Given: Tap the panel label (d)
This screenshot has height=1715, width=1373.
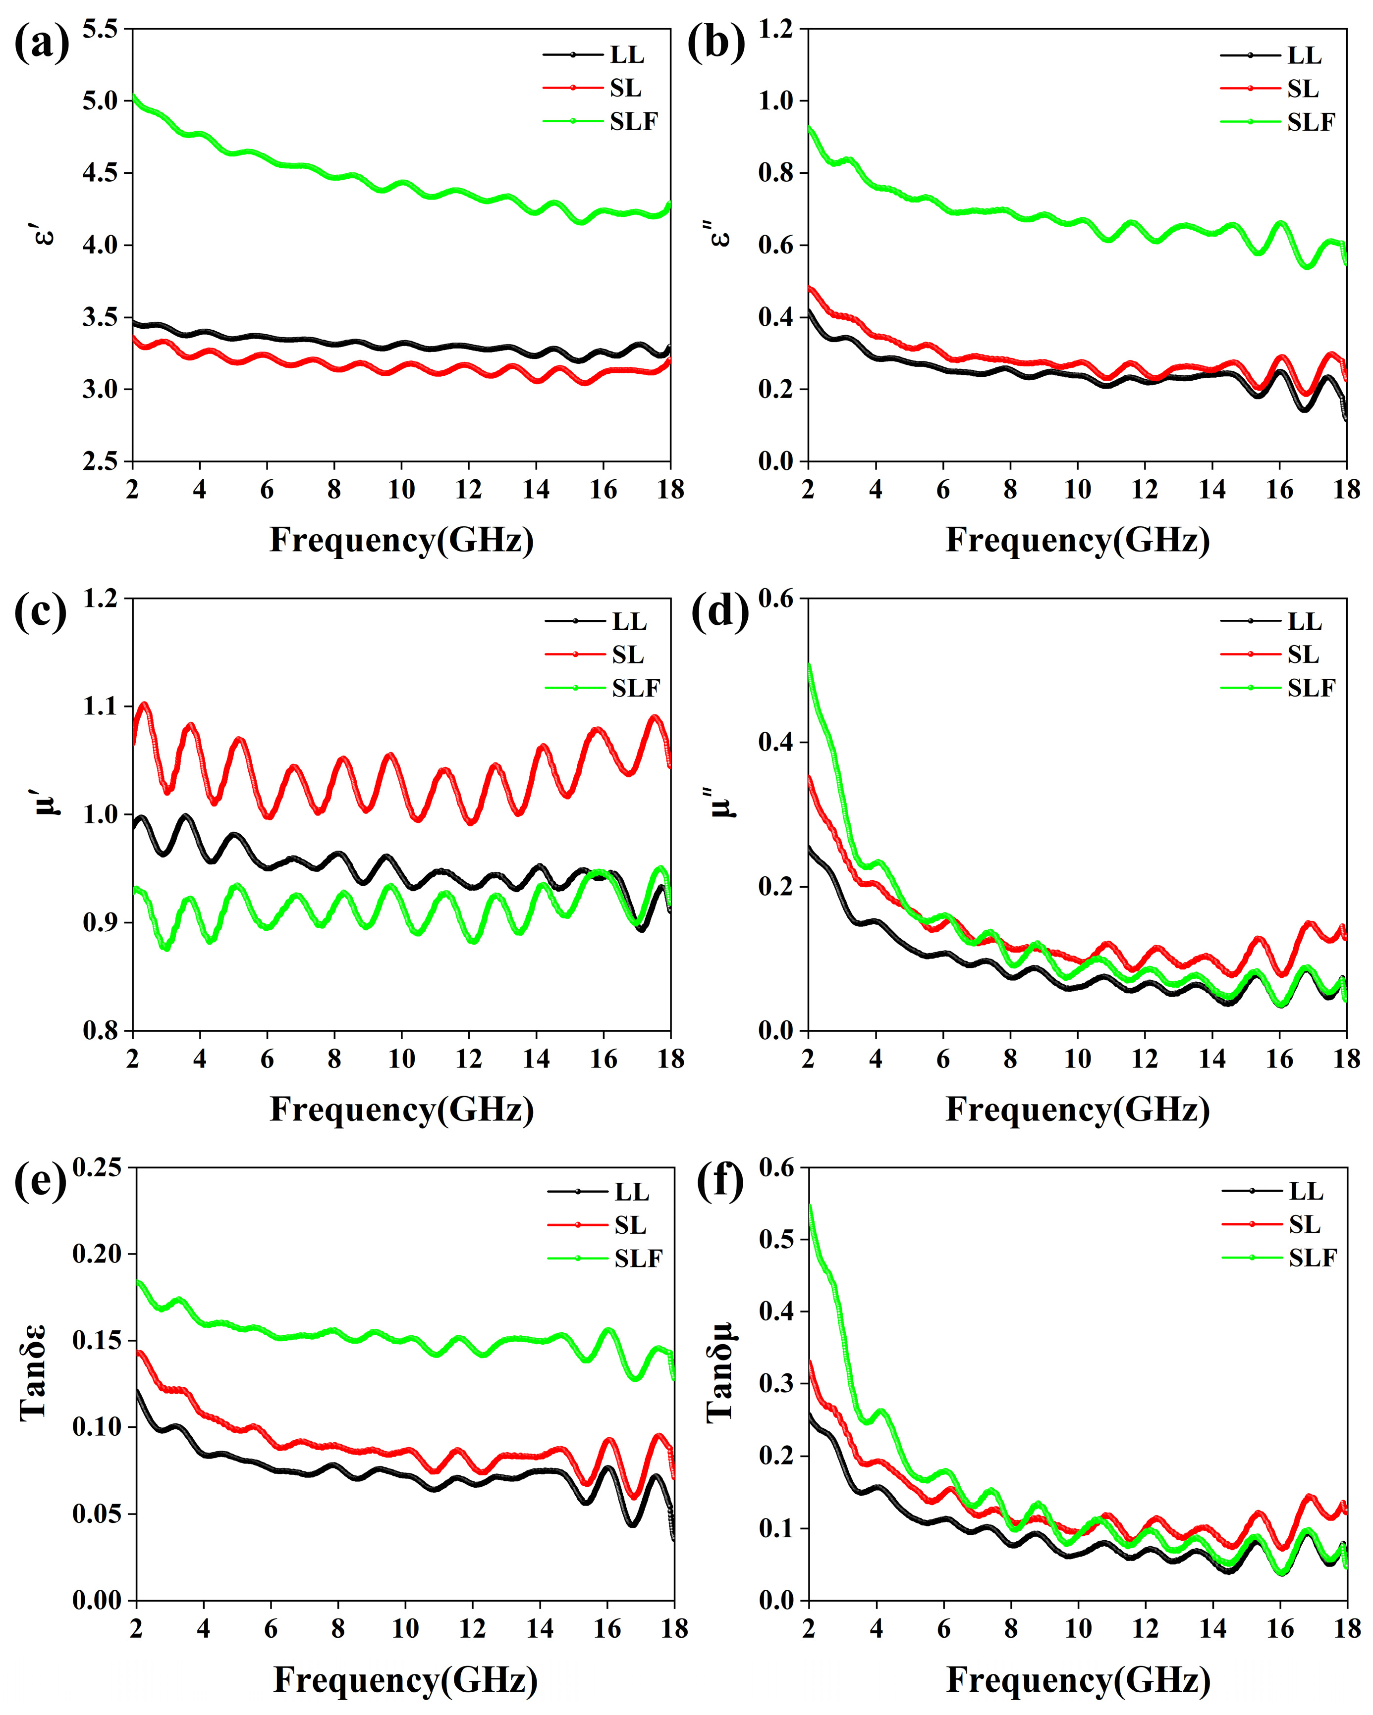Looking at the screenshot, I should (x=719, y=612).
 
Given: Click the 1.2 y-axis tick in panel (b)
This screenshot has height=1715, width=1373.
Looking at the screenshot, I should (x=776, y=29).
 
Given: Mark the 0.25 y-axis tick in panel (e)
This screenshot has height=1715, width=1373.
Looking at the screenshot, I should (x=97, y=1168).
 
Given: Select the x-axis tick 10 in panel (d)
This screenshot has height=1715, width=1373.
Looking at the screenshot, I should (x=1078, y=1059).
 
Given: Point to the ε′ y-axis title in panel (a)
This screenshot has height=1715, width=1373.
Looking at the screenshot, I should (x=46, y=231).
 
